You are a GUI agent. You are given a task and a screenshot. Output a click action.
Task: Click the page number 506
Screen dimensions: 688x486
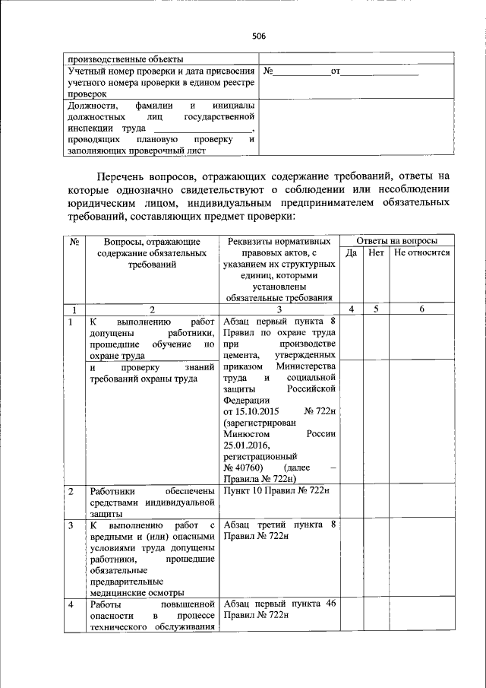coord(258,36)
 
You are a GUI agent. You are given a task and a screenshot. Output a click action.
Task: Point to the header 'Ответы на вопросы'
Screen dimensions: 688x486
coord(397,239)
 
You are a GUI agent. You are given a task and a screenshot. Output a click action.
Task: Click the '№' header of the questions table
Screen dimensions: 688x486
coord(74,241)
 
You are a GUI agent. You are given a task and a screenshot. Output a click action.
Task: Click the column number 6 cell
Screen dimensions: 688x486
coord(422,309)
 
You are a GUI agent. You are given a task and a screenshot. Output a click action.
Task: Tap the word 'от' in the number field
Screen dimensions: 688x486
coord(336,72)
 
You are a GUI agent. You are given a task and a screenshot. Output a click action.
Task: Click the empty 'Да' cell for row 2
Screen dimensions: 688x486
coord(351,502)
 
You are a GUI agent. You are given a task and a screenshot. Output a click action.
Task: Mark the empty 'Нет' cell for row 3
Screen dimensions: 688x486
coord(376,559)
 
